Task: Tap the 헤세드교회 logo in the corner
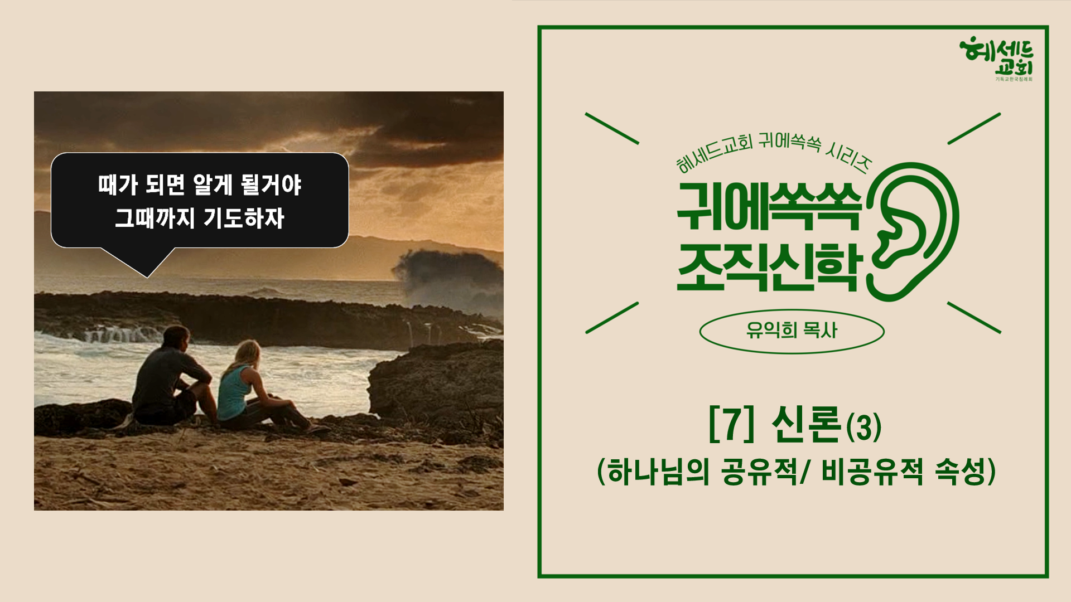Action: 996,59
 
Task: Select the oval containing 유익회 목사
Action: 792,332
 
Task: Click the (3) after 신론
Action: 863,428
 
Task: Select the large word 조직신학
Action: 770,266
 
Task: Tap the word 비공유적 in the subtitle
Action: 872,472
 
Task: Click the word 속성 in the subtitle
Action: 961,472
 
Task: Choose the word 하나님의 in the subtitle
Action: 658,472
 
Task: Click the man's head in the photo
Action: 176,337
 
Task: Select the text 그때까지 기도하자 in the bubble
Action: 200,218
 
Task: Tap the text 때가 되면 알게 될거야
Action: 200,185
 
